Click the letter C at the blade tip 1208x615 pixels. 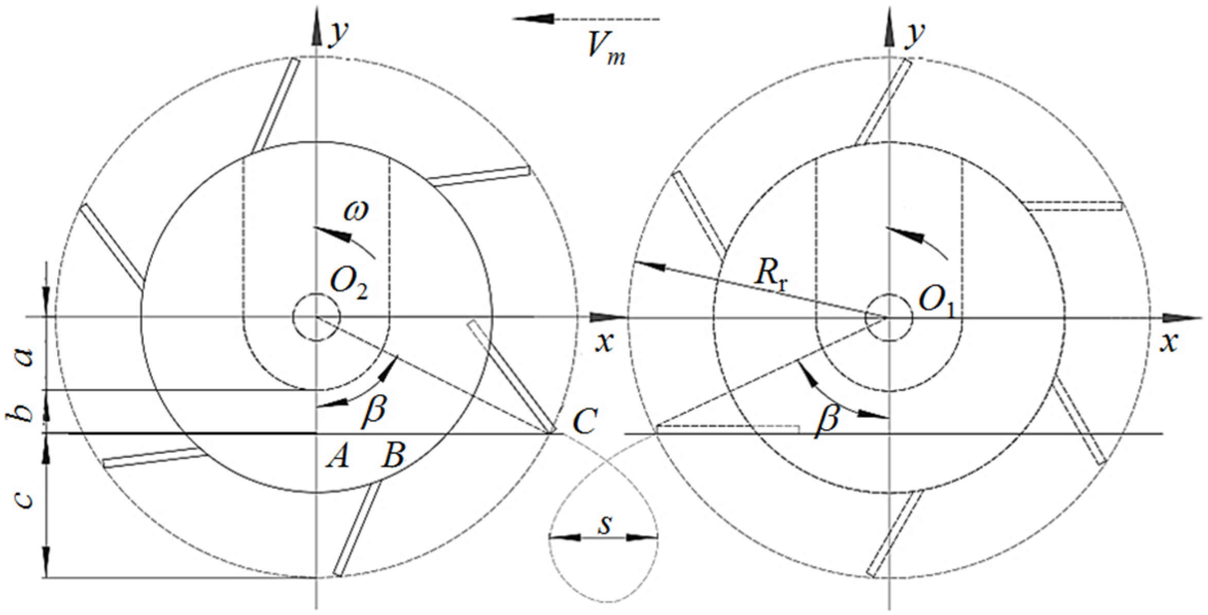click(585, 423)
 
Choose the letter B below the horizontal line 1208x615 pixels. click(392, 455)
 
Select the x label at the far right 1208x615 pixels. click(1169, 342)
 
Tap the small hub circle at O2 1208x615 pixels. click(316, 317)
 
